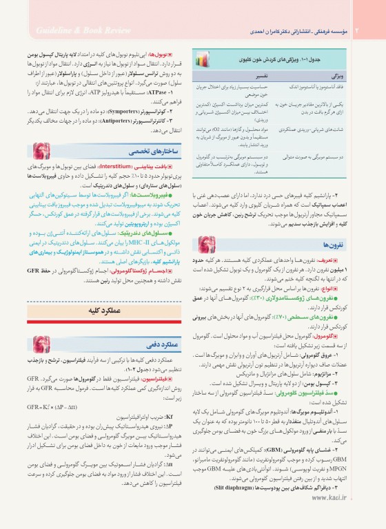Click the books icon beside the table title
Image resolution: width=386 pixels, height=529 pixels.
(x=207, y=61)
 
